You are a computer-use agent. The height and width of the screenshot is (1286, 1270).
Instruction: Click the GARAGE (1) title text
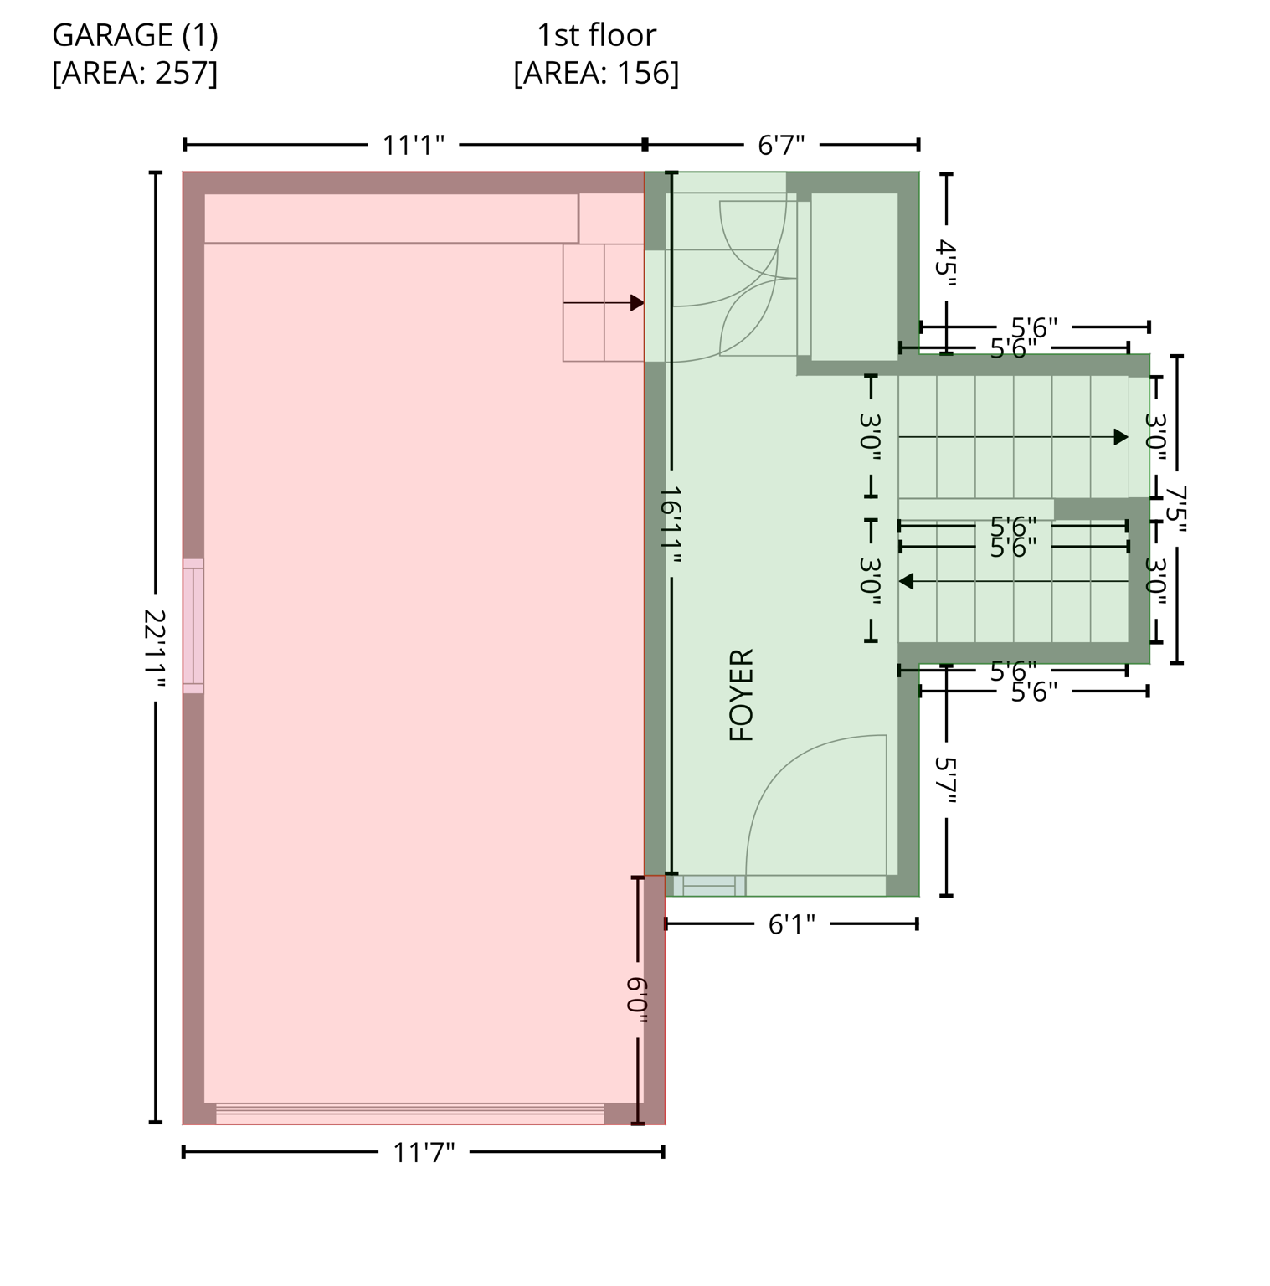pos(135,35)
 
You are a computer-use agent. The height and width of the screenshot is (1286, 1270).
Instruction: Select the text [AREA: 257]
pos(135,73)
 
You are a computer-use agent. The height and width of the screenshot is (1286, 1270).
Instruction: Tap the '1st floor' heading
pos(596,35)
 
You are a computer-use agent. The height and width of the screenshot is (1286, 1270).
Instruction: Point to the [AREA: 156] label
pos(596,73)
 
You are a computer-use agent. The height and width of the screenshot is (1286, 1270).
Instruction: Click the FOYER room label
pos(742,694)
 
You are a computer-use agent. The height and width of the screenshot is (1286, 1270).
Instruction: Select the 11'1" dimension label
pos(414,145)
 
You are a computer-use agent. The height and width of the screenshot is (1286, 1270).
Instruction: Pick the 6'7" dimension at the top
pos(781,145)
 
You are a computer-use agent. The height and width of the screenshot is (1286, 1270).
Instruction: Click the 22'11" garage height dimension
pos(155,648)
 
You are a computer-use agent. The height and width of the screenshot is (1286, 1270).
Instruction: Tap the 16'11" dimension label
pos(671,526)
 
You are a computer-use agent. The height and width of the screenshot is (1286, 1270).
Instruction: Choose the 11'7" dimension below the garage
pos(424,1152)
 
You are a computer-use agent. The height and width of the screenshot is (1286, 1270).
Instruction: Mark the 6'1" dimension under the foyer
pos(791,924)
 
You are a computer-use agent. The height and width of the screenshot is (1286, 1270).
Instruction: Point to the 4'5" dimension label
pos(946,263)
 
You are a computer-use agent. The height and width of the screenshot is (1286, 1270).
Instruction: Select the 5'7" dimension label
pos(946,780)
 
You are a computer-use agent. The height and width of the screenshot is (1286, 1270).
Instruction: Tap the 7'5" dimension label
pos(1176,510)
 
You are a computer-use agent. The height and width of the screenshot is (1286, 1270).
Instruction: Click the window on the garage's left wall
pos(193,626)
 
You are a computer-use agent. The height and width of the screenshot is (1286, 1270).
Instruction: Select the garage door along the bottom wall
pos(409,1114)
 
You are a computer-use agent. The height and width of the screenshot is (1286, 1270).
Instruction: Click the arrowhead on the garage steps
pos(637,302)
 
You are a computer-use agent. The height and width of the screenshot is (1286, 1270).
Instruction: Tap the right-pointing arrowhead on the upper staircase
pos(1121,437)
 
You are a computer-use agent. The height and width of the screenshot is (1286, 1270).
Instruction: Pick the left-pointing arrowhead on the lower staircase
pos(906,581)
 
